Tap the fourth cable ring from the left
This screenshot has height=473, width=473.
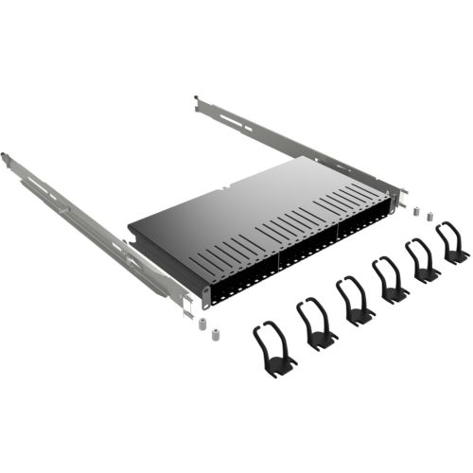390,280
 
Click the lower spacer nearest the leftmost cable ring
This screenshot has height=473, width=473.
215,334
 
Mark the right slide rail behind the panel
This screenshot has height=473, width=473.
284,142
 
